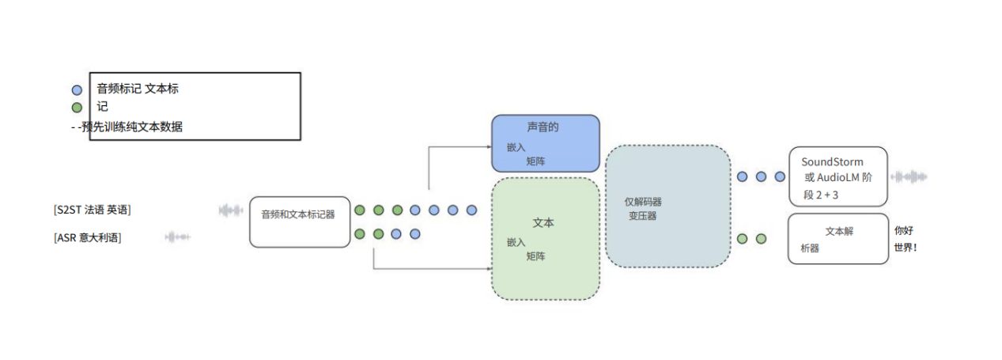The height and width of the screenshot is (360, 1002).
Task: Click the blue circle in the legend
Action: pos(76,90)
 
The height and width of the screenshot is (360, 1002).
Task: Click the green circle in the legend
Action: pos(76,108)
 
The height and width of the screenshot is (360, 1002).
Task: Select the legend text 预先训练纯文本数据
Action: pos(131,126)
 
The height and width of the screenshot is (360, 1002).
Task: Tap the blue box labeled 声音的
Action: pos(545,143)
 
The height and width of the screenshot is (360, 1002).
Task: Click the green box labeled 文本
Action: pos(545,238)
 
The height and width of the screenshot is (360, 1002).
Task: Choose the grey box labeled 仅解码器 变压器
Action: pos(667,206)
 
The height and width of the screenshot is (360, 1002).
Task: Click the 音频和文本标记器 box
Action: pos(299,222)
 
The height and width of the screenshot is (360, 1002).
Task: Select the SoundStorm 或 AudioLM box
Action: pos(838,176)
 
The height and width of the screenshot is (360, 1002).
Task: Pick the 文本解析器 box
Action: pos(838,238)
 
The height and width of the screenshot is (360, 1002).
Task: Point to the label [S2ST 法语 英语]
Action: pos(93,210)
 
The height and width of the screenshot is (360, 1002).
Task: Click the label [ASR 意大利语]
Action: pos(88,237)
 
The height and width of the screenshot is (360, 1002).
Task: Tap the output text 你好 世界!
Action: pos(905,238)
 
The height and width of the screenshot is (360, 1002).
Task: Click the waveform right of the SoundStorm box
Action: pos(909,176)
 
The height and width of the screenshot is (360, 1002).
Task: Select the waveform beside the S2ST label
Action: pos(231,210)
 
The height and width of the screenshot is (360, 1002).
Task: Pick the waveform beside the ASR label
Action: pos(177,237)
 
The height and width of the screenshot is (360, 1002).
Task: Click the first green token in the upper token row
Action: pos(360,210)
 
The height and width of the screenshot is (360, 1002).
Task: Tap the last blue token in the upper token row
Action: pos(472,210)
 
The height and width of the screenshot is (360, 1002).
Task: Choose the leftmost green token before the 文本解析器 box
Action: pos(742,238)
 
